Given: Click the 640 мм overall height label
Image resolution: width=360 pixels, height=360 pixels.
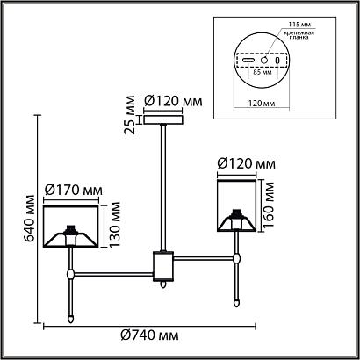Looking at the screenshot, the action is pyautogui.click(x=30, y=218).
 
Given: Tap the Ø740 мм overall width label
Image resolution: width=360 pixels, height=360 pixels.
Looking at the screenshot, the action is pyautogui.click(x=149, y=335).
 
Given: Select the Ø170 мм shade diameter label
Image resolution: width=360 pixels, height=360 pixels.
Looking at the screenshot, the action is pyautogui.click(x=74, y=191).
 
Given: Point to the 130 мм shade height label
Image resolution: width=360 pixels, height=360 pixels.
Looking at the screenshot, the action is pyautogui.click(x=114, y=224).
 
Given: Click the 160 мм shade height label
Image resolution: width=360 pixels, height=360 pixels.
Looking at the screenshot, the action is pyautogui.click(x=268, y=205).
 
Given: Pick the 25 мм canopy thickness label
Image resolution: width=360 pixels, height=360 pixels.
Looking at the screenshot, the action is pyautogui.click(x=130, y=115).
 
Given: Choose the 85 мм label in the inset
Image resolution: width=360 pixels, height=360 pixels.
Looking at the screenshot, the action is pyautogui.click(x=263, y=72).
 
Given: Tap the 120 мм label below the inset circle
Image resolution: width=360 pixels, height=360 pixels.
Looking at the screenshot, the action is pyautogui.click(x=262, y=104).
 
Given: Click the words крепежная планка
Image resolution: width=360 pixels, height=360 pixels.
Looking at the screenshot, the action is pyautogui.click(x=299, y=35).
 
